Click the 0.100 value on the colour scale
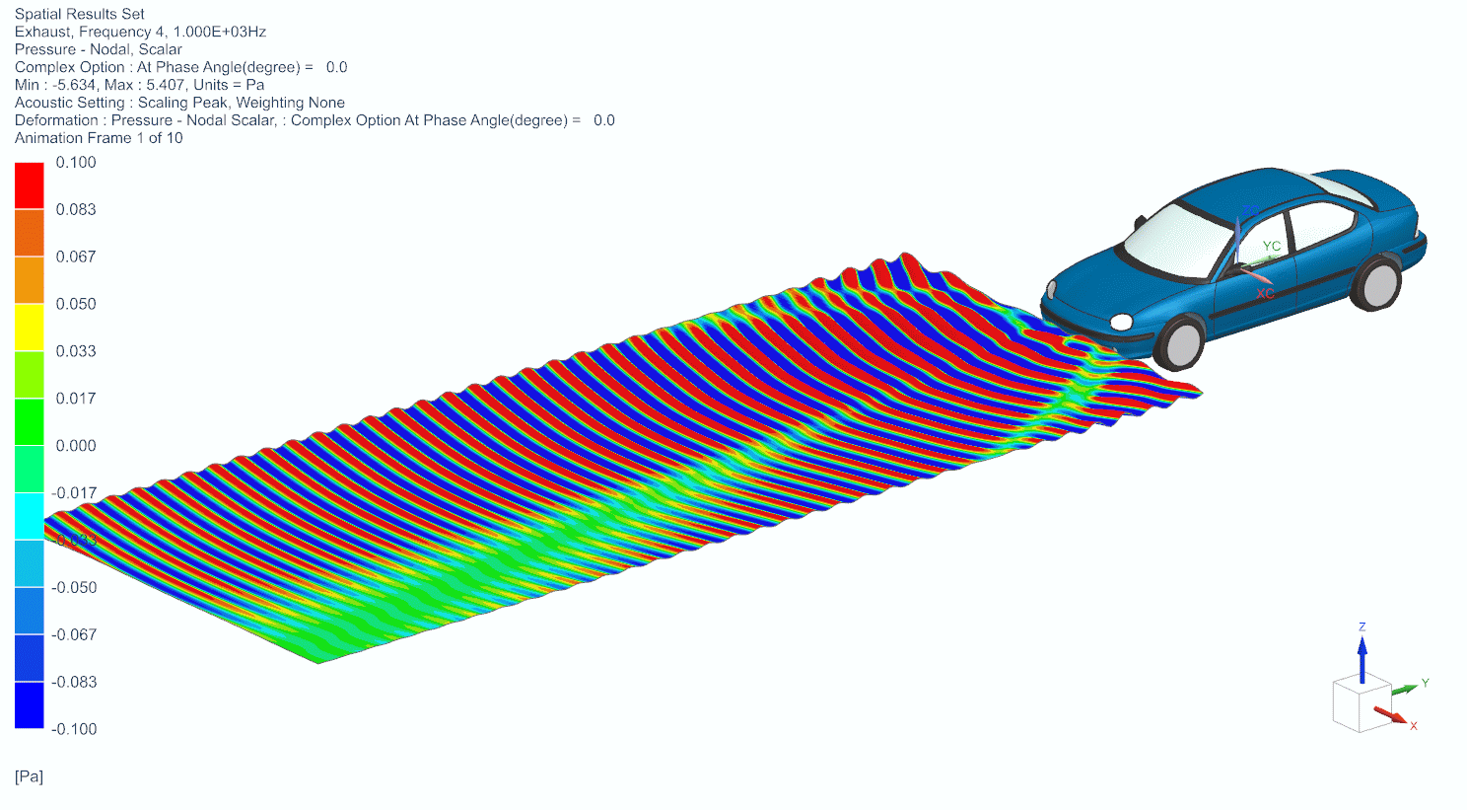click(76, 163)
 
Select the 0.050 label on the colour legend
click(76, 304)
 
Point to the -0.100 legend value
click(74, 729)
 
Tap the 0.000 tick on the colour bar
click(76, 446)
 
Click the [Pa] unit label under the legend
click(29, 776)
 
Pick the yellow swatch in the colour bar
click(30, 328)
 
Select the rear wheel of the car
click(1376, 282)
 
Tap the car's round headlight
click(1121, 322)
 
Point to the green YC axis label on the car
click(1272, 247)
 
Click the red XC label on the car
click(1265, 294)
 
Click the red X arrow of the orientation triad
click(1391, 713)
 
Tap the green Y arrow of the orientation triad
click(1405, 688)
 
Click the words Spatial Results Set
click(80, 14)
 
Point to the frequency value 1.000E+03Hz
click(219, 32)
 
